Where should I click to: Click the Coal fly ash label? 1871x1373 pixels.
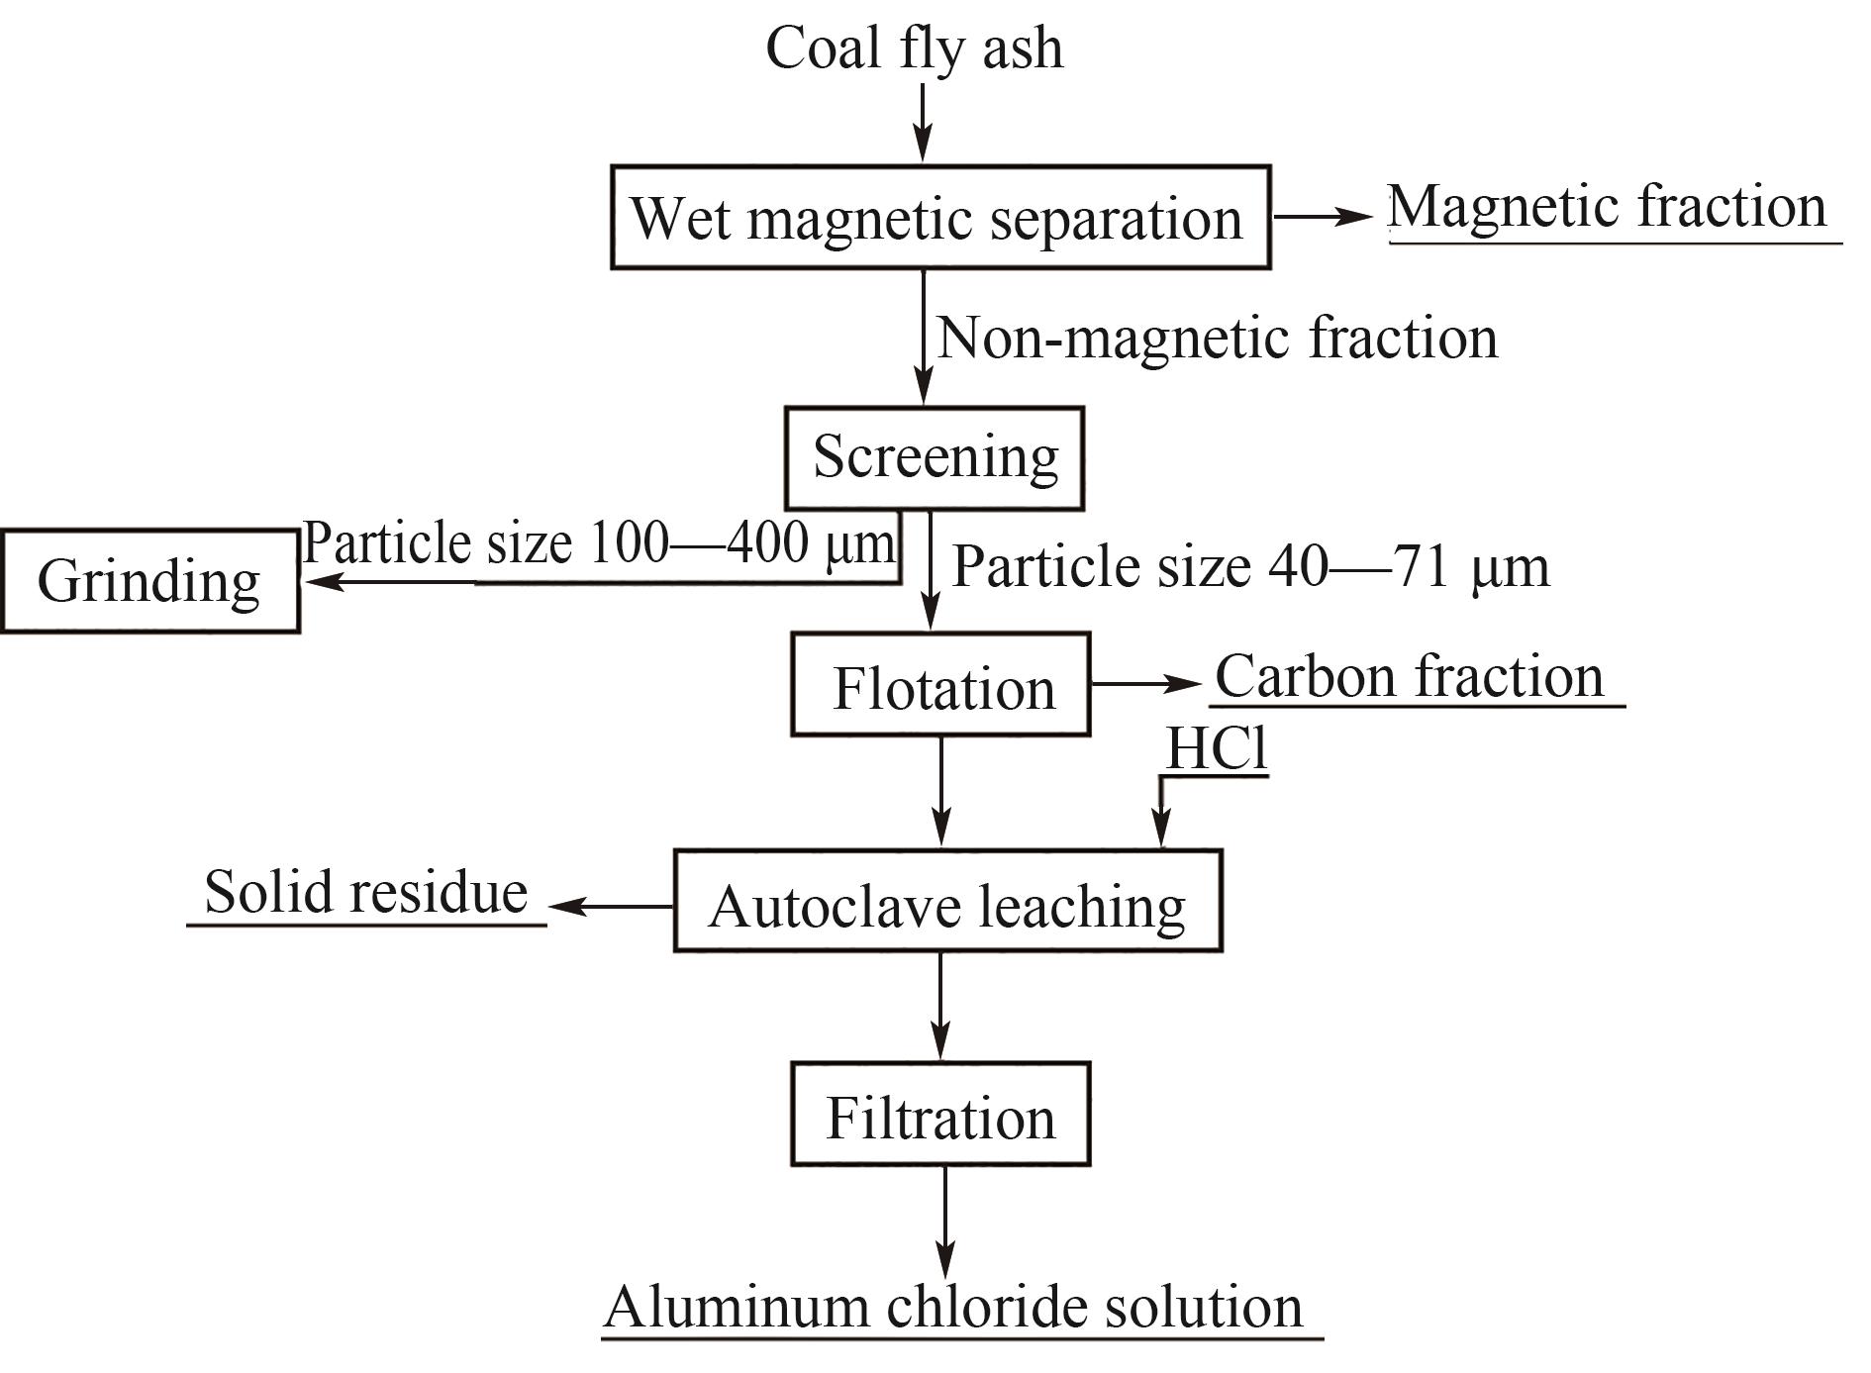(915, 48)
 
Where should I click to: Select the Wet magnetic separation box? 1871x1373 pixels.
(939, 217)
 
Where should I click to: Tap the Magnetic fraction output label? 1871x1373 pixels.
(1608, 208)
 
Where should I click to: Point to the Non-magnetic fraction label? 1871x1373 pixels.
(1217, 338)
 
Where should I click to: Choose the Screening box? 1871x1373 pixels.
(935, 457)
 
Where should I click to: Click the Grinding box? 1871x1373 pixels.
(149, 581)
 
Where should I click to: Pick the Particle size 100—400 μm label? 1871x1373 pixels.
(598, 542)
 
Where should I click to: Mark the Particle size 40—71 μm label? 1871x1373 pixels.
(1250, 567)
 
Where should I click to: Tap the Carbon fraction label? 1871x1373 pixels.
(1409, 677)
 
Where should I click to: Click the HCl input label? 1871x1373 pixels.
(1216, 748)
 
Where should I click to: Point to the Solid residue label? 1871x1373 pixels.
(365, 892)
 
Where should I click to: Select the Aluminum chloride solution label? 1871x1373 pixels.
(953, 1307)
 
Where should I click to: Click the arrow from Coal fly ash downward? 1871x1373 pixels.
(923, 121)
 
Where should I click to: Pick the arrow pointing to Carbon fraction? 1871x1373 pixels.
(1145, 683)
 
